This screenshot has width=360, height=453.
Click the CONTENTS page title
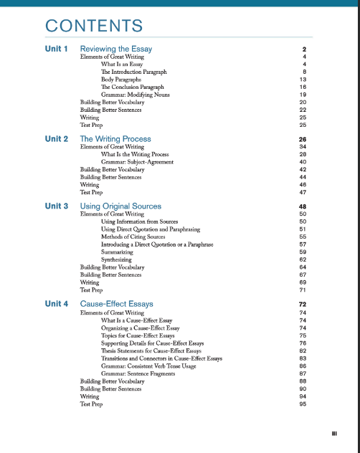click(x=93, y=26)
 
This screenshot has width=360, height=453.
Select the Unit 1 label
click(x=56, y=49)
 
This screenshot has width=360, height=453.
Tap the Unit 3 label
click(x=56, y=206)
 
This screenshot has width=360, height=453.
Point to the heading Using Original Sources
click(x=120, y=206)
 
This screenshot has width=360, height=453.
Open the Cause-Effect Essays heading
click(x=116, y=304)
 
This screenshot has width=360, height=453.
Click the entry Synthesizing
click(x=117, y=259)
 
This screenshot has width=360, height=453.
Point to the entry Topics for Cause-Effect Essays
click(x=138, y=335)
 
